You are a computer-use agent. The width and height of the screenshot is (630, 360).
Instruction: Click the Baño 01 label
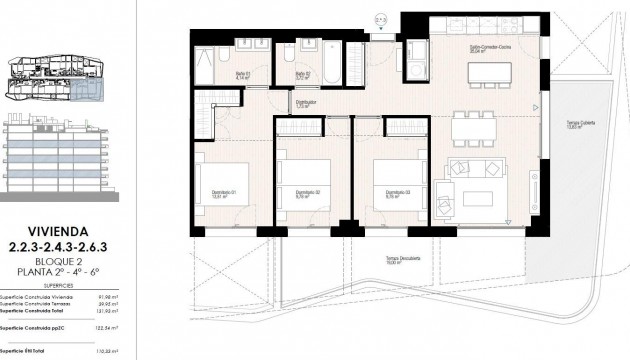[x=243, y=74]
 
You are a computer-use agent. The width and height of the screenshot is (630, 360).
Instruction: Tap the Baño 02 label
[x=301, y=74]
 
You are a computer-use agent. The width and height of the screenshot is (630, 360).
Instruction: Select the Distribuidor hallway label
[x=307, y=101]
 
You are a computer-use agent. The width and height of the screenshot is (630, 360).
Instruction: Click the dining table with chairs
[x=472, y=126]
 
